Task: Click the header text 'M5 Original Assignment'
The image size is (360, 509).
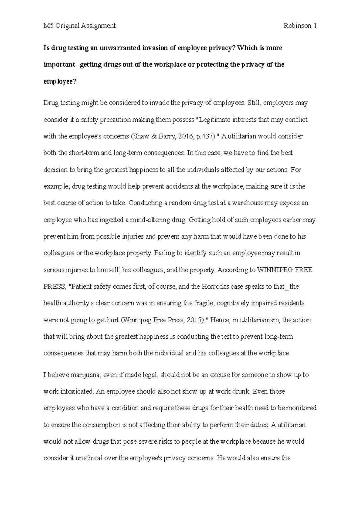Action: point(79,26)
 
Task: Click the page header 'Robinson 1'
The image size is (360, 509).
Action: point(300,26)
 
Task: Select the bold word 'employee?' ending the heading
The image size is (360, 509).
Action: point(60,82)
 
